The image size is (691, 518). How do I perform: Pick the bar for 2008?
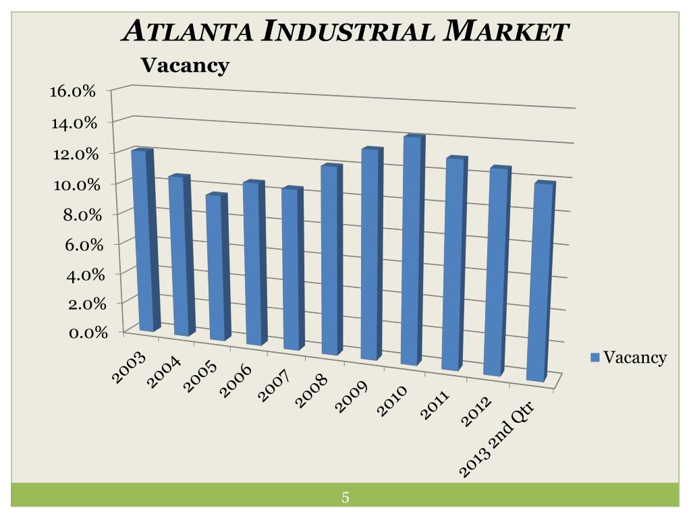[330, 260]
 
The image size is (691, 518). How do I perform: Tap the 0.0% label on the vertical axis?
[80, 332]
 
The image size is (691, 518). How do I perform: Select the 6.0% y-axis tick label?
[80, 244]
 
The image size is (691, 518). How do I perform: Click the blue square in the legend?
[595, 358]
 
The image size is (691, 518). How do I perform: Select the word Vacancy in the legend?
[635, 357]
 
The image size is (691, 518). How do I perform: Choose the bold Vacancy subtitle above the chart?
[184, 65]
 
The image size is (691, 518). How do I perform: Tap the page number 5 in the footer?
[345, 498]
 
